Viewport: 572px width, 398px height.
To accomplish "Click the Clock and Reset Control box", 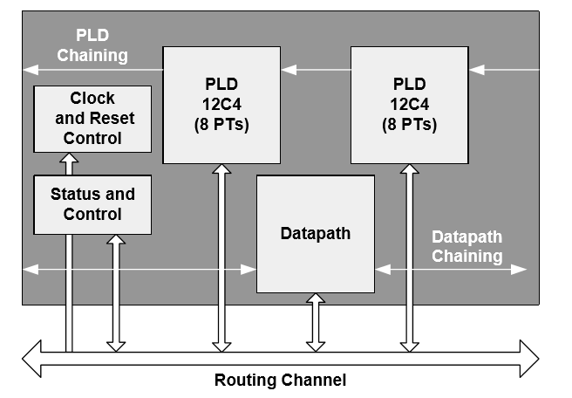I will coord(92,118).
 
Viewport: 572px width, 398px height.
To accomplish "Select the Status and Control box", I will coord(92,204).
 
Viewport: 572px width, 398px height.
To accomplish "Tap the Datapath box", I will coord(315,234).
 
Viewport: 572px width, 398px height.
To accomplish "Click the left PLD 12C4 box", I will coord(221,105).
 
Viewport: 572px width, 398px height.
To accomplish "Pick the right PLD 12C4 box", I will coord(409,105).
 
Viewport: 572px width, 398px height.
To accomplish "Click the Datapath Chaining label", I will coord(466,246).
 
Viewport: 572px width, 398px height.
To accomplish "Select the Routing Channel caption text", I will coord(280,380).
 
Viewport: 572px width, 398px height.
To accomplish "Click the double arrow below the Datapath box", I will coord(315,323).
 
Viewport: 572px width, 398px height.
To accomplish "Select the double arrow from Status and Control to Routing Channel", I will coord(113,292).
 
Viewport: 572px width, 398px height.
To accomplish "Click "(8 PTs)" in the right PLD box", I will coord(409,124).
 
